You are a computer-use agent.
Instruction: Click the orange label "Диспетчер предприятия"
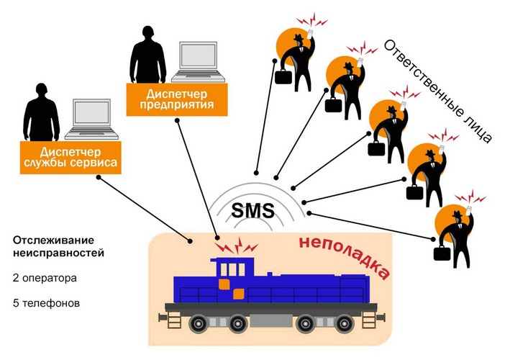click(x=177, y=99)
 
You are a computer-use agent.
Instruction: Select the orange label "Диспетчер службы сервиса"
click(x=70, y=157)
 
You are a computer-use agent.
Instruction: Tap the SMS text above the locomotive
click(x=252, y=210)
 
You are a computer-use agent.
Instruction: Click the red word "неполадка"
click(x=345, y=258)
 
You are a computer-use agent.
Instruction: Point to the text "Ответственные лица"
click(x=438, y=91)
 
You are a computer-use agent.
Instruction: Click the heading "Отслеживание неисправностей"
click(x=58, y=246)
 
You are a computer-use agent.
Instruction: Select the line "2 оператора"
click(x=45, y=278)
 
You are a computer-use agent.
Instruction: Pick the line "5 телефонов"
click(x=46, y=303)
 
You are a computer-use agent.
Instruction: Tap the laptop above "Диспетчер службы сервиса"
click(x=92, y=120)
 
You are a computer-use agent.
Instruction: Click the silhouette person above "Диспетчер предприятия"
click(x=147, y=55)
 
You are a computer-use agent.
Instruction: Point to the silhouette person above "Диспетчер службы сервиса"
click(x=42, y=112)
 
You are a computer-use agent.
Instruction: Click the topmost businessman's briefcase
click(x=283, y=77)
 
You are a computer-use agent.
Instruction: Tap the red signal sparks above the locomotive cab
click(x=237, y=246)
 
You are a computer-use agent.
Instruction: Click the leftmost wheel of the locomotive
click(x=199, y=323)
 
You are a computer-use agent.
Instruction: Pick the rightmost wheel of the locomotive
click(x=345, y=323)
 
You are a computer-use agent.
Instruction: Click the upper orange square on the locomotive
click(x=224, y=284)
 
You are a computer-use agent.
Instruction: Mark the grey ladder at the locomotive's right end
click(x=369, y=320)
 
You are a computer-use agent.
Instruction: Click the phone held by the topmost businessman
click(x=310, y=34)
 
